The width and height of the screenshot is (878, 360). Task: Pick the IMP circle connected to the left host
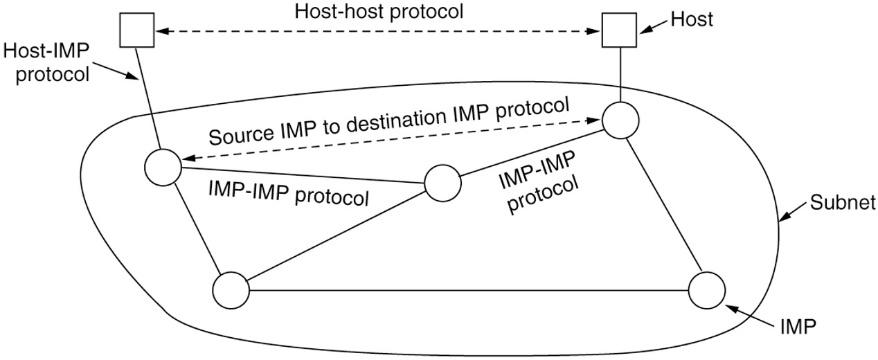[163, 167]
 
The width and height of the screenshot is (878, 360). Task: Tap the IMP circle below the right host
[620, 121]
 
